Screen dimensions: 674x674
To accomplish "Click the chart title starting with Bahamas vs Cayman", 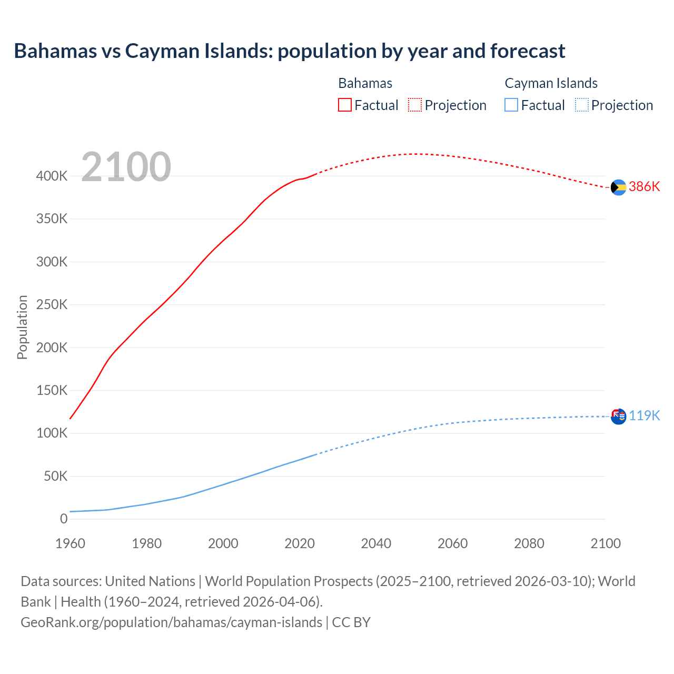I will pos(289,51).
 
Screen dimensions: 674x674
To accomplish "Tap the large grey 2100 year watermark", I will pos(126,167).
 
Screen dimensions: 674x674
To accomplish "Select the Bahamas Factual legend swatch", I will pos(344,105).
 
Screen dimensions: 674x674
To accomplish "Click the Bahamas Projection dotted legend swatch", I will pos(415,105).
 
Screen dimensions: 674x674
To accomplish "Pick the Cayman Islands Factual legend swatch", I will pos(511,105).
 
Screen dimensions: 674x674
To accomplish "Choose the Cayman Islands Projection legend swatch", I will pos(581,105).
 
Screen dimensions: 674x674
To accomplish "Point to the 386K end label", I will pos(644,187).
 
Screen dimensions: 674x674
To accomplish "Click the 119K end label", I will pos(644,416).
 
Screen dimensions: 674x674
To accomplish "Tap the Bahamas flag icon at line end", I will pos(618,187).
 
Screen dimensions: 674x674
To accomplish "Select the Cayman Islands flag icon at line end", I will pos(618,417).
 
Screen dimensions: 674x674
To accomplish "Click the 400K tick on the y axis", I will pos(52,176).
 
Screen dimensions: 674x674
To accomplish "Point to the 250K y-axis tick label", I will pos(52,305).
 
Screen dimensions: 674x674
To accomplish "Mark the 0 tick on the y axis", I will pos(64,519).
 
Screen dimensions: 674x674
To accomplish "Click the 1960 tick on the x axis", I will pos(70,543).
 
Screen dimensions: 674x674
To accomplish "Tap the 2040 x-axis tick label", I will pos(376,543).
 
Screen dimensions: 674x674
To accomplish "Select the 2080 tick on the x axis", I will pos(529,543).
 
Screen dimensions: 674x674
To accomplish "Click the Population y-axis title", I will pos(22,327).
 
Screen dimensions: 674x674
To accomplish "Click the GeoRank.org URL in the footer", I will pos(171,622).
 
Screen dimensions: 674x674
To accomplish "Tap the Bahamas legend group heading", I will pos(365,83).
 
